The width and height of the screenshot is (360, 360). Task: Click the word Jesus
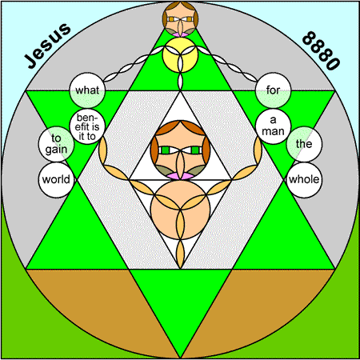point(47,46)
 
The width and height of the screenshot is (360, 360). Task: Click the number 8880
point(321,50)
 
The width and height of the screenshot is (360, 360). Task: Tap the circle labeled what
point(87,90)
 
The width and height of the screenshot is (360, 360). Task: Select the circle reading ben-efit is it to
point(87,126)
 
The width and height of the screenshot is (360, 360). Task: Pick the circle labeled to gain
point(56,144)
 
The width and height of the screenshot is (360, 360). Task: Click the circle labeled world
point(56,180)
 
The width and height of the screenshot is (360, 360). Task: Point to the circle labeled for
point(273,90)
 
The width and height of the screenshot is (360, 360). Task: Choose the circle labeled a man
point(273,126)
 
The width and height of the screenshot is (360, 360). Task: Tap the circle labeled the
point(304,144)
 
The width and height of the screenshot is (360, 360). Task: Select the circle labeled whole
point(304,180)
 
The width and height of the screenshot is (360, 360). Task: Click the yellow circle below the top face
point(180,54)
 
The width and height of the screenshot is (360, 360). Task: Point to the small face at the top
point(180,18)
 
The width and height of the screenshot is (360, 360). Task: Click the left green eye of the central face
point(166,150)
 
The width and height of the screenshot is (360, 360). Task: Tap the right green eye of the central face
point(195,150)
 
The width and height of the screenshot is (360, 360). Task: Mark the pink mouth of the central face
point(180,176)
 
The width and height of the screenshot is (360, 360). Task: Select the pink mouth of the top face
point(180,34)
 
